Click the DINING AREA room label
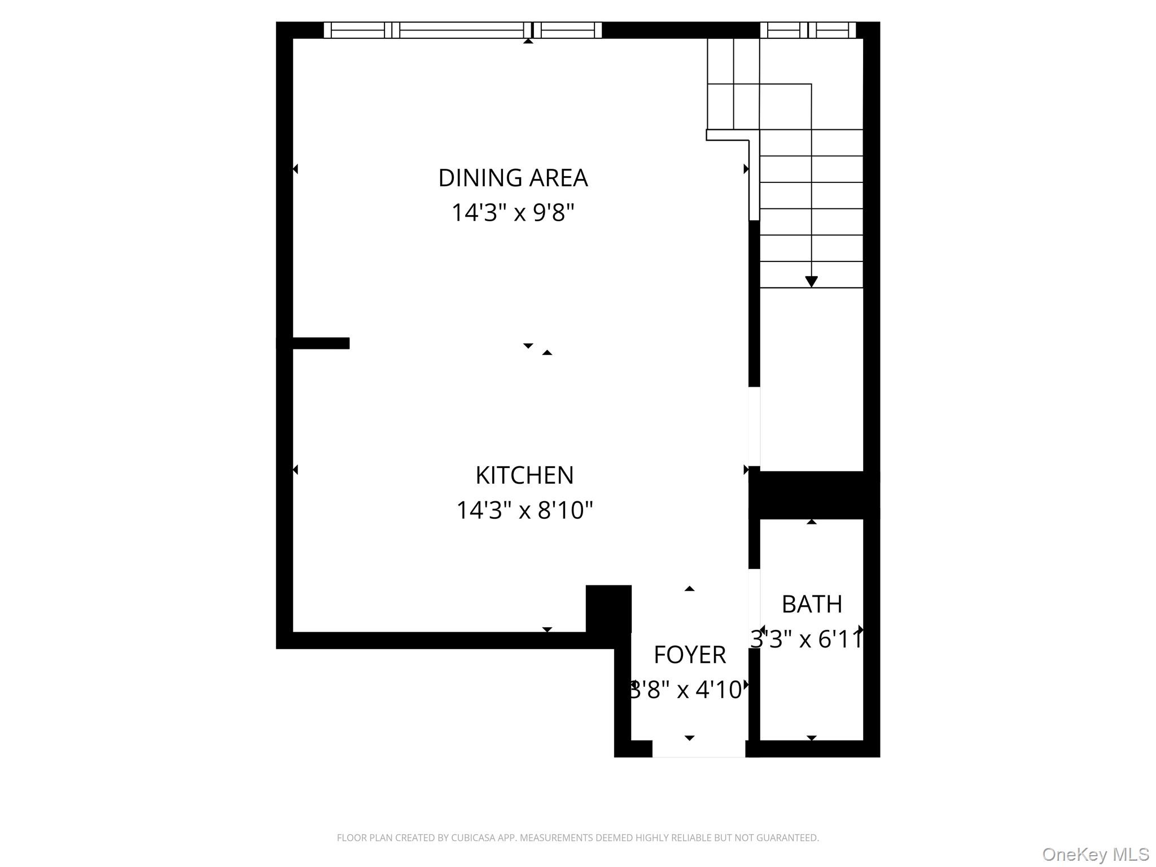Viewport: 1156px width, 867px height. tap(513, 178)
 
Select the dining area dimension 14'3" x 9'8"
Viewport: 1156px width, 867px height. tap(513, 213)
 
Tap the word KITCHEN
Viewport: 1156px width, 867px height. tap(524, 475)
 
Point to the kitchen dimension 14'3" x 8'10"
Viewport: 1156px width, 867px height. tap(524, 510)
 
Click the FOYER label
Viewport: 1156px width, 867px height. tap(689, 655)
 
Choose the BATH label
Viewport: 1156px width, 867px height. tap(812, 605)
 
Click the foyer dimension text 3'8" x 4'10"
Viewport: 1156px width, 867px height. tap(686, 690)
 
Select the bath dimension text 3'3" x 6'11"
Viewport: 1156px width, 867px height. tap(807, 640)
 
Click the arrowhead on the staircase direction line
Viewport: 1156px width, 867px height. tap(811, 281)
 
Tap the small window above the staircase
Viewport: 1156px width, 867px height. tap(808, 30)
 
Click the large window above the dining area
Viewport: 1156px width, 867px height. tap(462, 30)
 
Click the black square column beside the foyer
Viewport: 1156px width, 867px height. tap(608, 608)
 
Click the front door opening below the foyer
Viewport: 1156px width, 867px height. tap(699, 748)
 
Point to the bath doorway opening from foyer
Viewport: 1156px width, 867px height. tap(754, 608)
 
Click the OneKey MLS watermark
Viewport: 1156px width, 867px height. tap(1095, 854)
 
